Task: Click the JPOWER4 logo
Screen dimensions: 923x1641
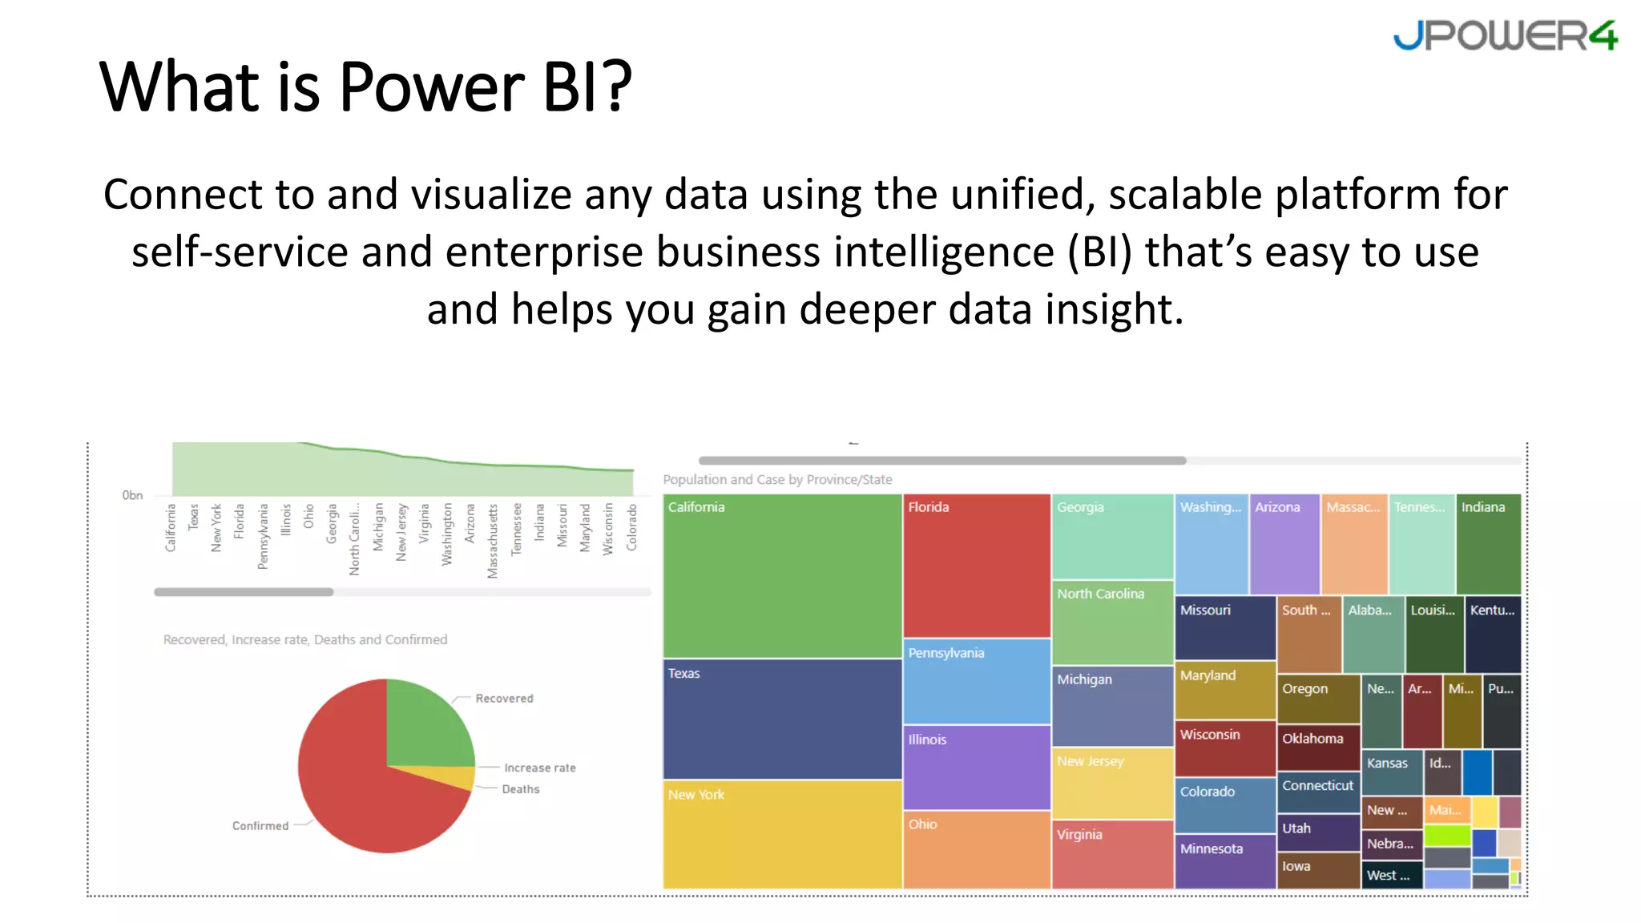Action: [x=1505, y=36]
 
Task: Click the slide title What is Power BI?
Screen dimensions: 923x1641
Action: [x=365, y=87]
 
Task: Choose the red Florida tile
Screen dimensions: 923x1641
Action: [x=976, y=566]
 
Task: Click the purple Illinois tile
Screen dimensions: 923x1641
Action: [x=976, y=768]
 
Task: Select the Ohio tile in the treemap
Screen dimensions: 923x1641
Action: [x=976, y=850]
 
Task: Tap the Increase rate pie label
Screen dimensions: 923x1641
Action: [x=539, y=768]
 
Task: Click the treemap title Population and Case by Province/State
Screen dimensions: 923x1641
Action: [x=777, y=480]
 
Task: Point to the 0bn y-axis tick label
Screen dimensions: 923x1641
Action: [x=132, y=495]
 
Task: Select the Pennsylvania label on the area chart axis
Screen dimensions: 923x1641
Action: [x=263, y=536]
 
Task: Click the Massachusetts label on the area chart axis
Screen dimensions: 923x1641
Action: [x=493, y=541]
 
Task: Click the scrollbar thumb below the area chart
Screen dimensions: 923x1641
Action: [x=244, y=592]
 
